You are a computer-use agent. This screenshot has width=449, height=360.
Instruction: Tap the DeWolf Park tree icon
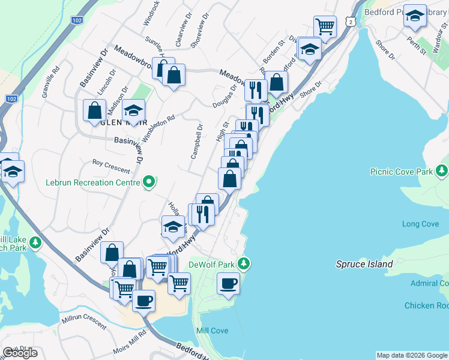(x=243, y=263)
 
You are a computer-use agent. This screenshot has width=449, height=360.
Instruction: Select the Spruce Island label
(x=364, y=264)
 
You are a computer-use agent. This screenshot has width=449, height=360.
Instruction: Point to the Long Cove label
(x=420, y=224)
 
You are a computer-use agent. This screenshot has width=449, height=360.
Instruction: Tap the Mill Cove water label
(x=211, y=331)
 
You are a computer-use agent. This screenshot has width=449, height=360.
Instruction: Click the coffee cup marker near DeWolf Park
(x=228, y=283)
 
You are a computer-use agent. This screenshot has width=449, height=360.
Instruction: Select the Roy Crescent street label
(x=111, y=166)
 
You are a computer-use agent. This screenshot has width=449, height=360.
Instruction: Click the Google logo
(x=20, y=353)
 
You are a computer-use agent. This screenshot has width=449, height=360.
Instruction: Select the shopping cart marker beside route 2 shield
(x=325, y=26)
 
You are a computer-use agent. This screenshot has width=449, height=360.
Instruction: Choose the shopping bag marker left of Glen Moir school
(x=95, y=110)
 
